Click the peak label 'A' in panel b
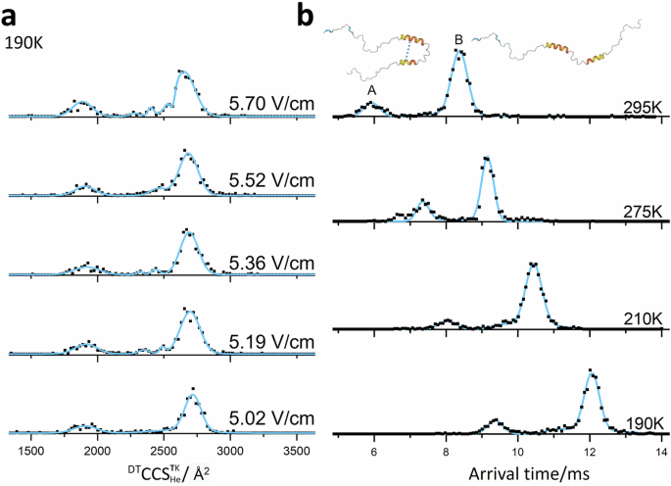(x=371, y=89)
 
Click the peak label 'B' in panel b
(x=458, y=39)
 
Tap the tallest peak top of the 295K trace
(x=457, y=52)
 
